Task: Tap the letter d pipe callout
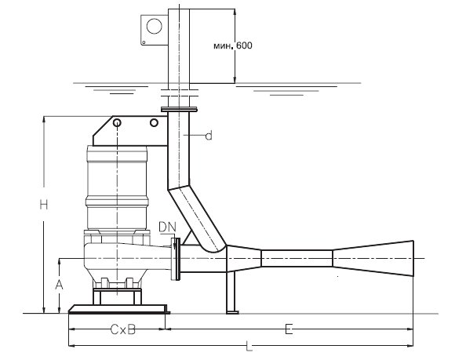[x=209, y=136]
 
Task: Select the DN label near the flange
[x=167, y=227]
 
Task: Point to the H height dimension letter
[x=45, y=205]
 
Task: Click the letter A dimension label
[x=58, y=286]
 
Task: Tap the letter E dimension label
[x=289, y=331]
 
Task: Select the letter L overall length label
[x=249, y=346]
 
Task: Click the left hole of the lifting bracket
[x=117, y=124]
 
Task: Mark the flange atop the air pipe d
[x=180, y=110]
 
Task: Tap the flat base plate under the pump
[x=118, y=308]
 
